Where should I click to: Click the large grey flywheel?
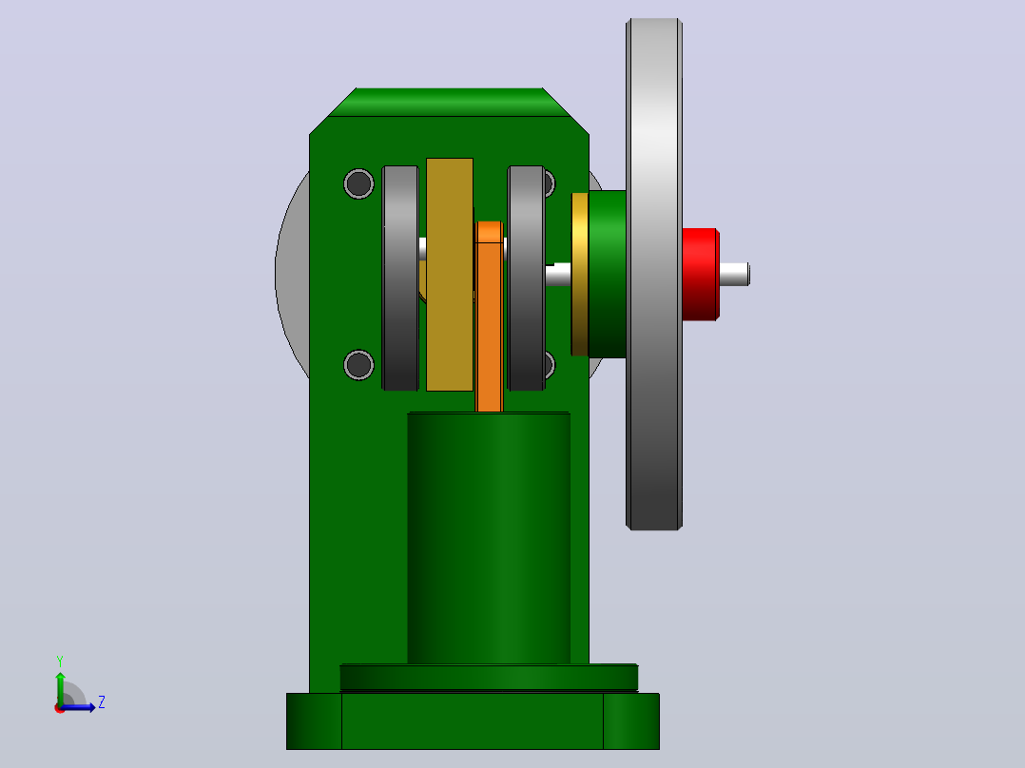(654, 274)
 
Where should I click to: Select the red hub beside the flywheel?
(701, 275)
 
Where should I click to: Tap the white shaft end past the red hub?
(735, 274)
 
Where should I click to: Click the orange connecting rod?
(490, 317)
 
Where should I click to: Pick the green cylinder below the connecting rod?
(489, 538)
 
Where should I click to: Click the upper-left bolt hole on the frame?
(358, 183)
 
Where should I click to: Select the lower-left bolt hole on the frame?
(358, 365)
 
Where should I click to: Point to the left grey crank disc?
(400, 278)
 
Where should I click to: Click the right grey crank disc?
(526, 278)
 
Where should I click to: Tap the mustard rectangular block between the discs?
(450, 275)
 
